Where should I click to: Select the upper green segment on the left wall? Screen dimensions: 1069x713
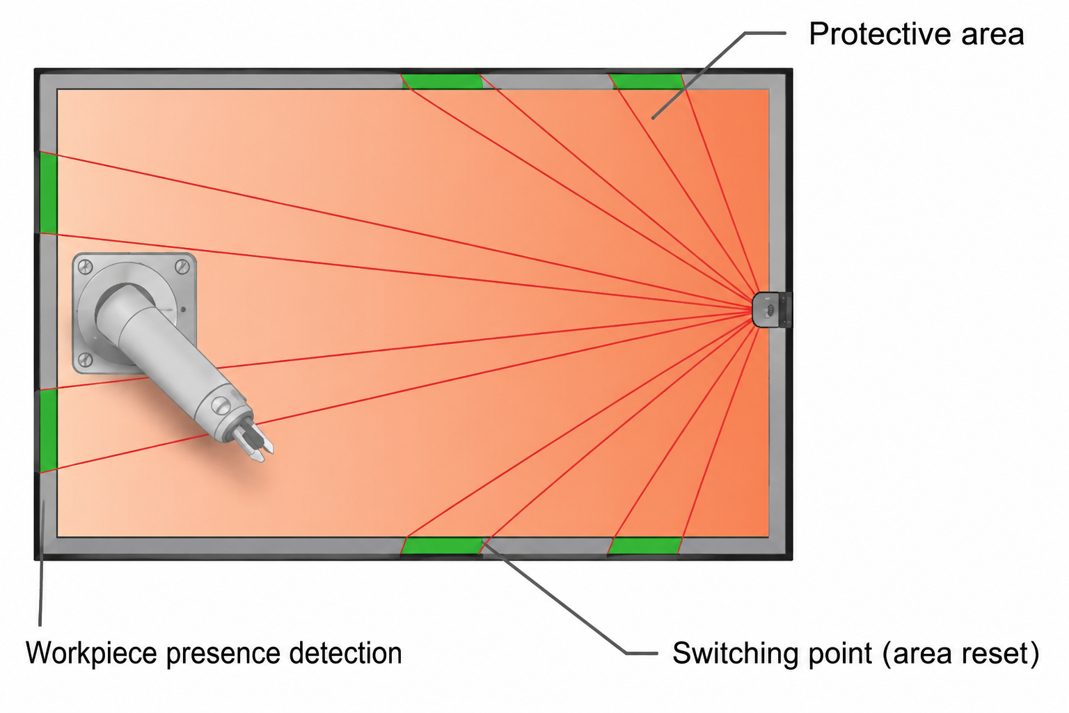pyautogui.click(x=48, y=193)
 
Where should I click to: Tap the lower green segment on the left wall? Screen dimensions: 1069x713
pyautogui.click(x=48, y=431)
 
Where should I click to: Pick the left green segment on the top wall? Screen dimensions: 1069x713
pyautogui.click(x=442, y=81)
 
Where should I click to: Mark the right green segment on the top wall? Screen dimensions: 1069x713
pyautogui.click(x=647, y=81)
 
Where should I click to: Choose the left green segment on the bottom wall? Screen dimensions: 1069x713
pyautogui.click(x=442, y=545)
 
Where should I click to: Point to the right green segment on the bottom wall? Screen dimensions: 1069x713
pyautogui.click(x=644, y=545)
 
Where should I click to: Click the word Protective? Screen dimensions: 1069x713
pyautogui.click(x=880, y=34)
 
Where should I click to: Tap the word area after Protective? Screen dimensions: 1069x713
pyautogui.click(x=992, y=36)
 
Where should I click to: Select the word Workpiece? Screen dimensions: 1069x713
pyautogui.click(x=91, y=653)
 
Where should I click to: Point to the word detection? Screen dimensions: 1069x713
pyautogui.click(x=345, y=653)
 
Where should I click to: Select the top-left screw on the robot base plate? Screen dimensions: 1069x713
pyautogui.click(x=85, y=267)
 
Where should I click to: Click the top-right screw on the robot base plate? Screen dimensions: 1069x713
pyautogui.click(x=182, y=266)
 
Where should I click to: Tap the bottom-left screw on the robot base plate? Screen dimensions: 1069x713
pyautogui.click(x=85, y=360)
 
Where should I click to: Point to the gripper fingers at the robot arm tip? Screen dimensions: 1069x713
pyautogui.click(x=253, y=440)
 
